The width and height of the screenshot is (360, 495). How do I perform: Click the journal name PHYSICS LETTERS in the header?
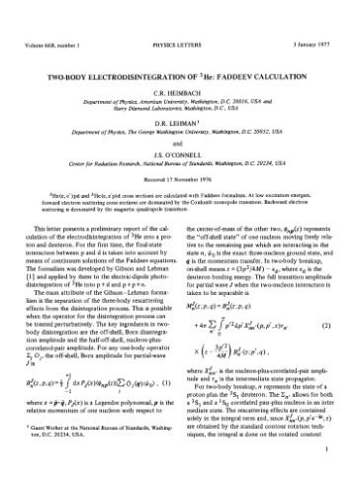point(180,13)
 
